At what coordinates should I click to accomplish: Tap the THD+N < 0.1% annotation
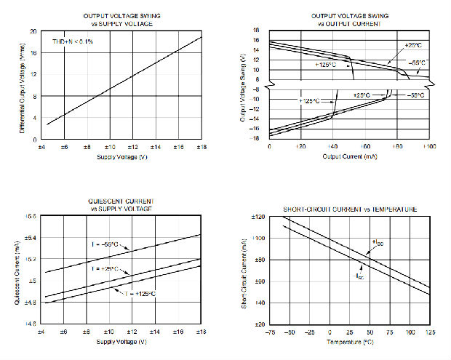(x=73, y=42)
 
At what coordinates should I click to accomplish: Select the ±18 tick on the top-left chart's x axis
(x=201, y=148)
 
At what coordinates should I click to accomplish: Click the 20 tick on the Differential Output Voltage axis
(x=33, y=32)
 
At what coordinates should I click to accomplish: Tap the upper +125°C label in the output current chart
(x=325, y=65)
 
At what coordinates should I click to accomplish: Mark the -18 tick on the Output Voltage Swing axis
(x=255, y=138)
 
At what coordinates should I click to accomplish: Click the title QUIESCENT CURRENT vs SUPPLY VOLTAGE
(x=121, y=204)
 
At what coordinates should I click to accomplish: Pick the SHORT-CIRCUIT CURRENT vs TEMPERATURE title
(x=350, y=209)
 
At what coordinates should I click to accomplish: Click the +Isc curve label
(x=378, y=242)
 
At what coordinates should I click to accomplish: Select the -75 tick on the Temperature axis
(x=269, y=332)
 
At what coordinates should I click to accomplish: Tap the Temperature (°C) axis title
(x=349, y=340)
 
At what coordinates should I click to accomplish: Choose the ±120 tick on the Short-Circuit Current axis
(x=255, y=217)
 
